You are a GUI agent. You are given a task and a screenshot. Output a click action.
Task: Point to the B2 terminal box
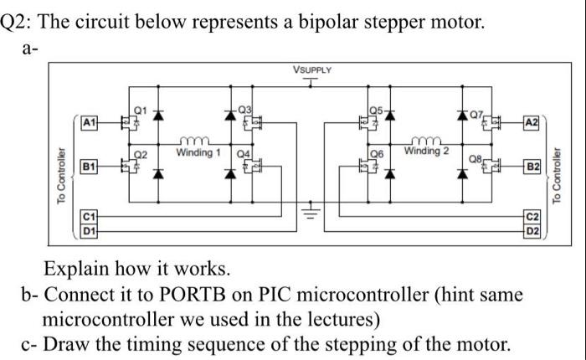coord(528,166)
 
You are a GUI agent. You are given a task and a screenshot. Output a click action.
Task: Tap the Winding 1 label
coord(198,153)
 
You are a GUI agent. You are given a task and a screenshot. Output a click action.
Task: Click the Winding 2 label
coord(426,151)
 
